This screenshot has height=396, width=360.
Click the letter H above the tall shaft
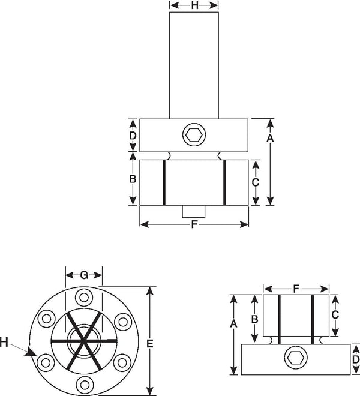(194, 5)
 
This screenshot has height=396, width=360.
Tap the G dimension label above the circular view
(84, 275)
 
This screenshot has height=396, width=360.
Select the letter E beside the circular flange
(150, 344)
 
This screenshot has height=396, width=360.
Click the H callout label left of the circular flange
(4, 343)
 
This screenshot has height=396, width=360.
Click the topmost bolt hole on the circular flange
(84, 297)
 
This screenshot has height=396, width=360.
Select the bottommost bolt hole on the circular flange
(85, 385)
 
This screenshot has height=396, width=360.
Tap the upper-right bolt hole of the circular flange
(123, 322)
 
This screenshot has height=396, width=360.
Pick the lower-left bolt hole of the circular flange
(46, 363)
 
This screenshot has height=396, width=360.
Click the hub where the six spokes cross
(83, 341)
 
